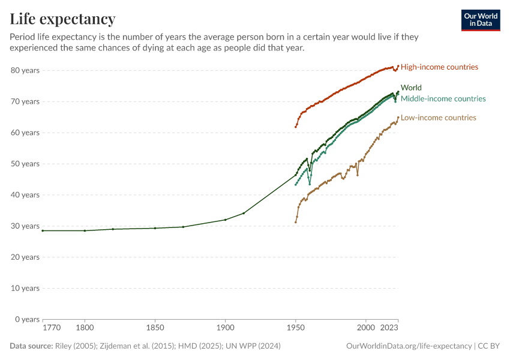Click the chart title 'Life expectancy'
pos(62,19)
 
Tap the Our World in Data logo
pos(480,20)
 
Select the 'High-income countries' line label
pos(439,67)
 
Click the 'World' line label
pos(411,88)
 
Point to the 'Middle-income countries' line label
pos(443,98)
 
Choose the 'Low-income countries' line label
pos(438,118)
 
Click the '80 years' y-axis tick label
pos(25,70)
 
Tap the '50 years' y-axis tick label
pos(25,164)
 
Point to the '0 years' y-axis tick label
pos(27,319)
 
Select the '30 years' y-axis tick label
pos(25,226)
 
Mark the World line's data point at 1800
pos(85,230)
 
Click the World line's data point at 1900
pos(225,220)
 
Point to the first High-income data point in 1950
pos(296,127)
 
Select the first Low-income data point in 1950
pos(296,222)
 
